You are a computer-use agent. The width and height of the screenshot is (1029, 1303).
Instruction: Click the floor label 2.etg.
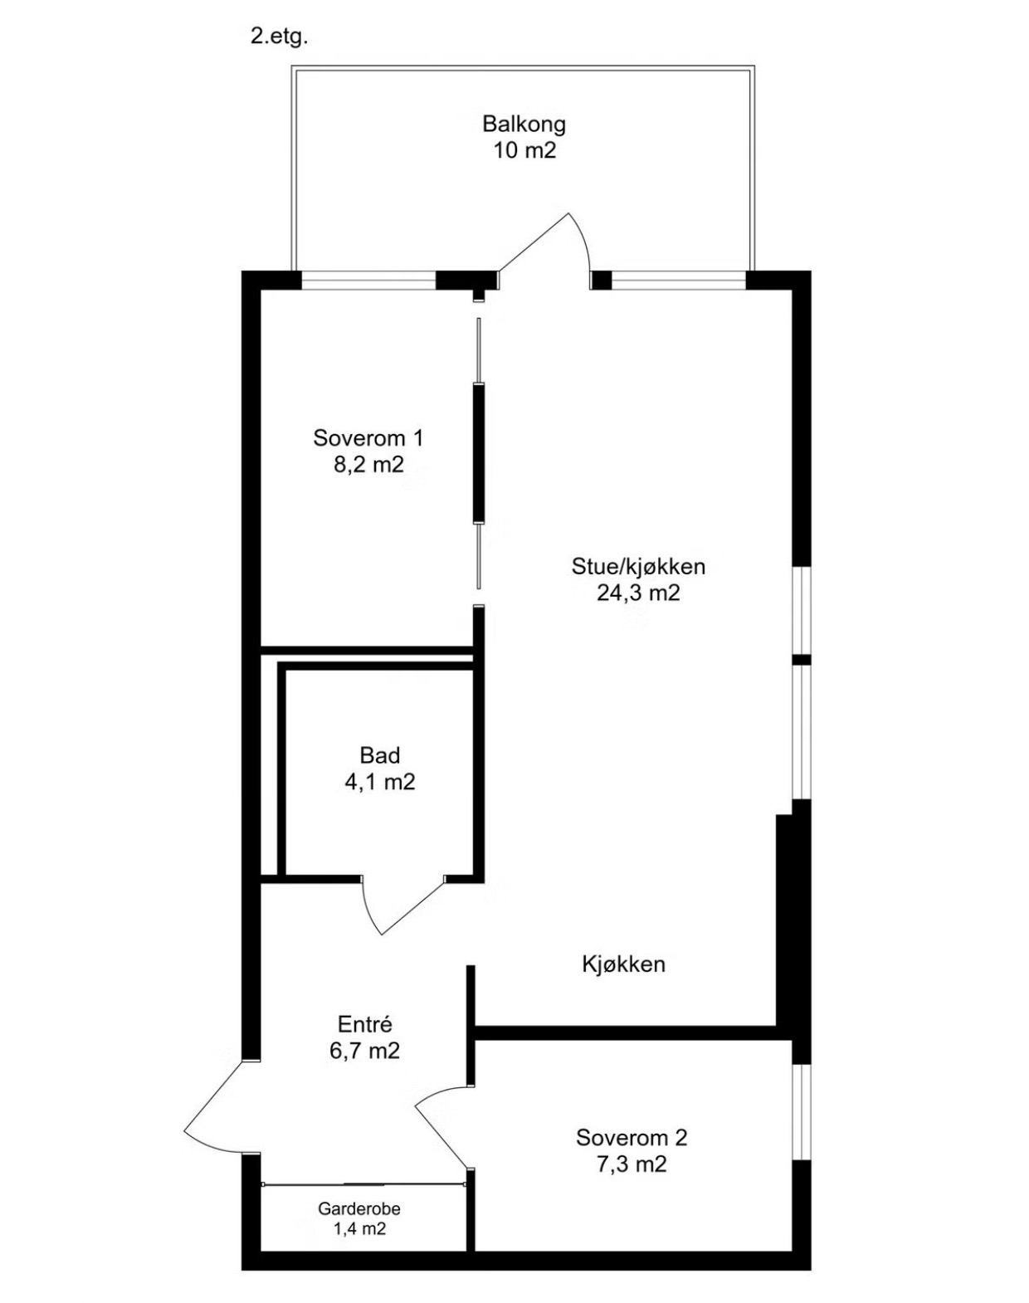pyautogui.click(x=279, y=37)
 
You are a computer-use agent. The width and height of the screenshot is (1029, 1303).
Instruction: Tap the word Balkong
pyautogui.click(x=524, y=124)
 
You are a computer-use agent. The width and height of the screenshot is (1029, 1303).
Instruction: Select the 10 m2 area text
pyautogui.click(x=524, y=150)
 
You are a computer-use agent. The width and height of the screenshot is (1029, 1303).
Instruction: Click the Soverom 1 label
pyautogui.click(x=368, y=437)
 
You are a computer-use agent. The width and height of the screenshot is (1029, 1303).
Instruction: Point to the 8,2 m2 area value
pyautogui.click(x=368, y=465)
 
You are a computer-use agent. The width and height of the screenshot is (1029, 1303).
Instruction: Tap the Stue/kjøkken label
pyautogui.click(x=638, y=568)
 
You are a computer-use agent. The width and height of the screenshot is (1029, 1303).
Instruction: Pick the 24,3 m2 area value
pyautogui.click(x=638, y=593)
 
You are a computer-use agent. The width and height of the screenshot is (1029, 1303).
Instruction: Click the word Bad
pyautogui.click(x=380, y=755)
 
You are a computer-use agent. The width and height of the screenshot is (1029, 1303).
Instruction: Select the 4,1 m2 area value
pyautogui.click(x=380, y=783)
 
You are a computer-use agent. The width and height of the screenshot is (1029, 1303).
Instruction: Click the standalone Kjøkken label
pyautogui.click(x=624, y=964)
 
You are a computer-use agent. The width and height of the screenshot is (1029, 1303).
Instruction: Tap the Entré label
pyautogui.click(x=364, y=1024)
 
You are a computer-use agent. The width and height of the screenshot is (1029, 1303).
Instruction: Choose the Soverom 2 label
pyautogui.click(x=632, y=1138)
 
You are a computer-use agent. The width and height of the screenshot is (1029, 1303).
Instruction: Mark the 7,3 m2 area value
pyautogui.click(x=632, y=1164)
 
